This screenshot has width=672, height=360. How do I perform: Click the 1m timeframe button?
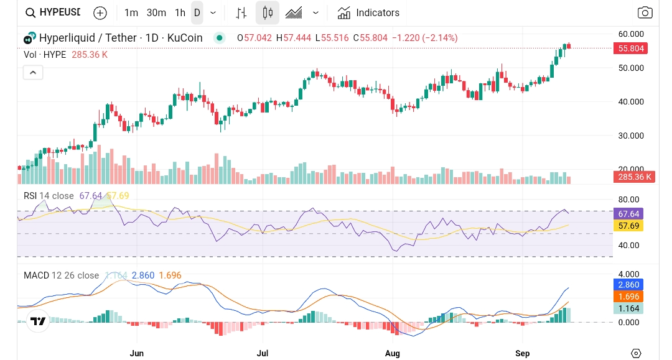click(131, 12)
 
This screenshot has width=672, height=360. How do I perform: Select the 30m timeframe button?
click(156, 12)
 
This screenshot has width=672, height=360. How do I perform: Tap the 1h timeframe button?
click(180, 12)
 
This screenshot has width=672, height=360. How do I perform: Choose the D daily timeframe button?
click(197, 12)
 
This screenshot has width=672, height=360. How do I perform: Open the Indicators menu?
click(368, 12)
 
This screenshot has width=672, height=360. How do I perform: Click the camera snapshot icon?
click(645, 12)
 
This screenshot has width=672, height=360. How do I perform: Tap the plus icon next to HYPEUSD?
click(100, 12)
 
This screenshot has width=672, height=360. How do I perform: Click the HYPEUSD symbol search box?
click(53, 12)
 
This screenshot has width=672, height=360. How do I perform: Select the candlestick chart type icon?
click(268, 12)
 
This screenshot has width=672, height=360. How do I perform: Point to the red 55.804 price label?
click(630, 48)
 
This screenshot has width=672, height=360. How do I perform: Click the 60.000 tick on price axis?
click(630, 34)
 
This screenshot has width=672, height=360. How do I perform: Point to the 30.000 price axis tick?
click(630, 136)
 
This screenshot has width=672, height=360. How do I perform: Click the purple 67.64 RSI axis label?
click(628, 213)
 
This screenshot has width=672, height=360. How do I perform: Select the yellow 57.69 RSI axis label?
click(628, 226)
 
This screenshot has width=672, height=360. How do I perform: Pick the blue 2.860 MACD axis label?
click(627, 284)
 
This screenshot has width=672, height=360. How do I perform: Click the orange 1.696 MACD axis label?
click(627, 297)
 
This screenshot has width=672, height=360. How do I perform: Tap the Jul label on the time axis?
click(263, 353)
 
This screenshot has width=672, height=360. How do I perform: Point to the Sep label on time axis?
click(523, 353)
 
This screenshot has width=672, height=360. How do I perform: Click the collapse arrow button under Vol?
click(33, 73)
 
